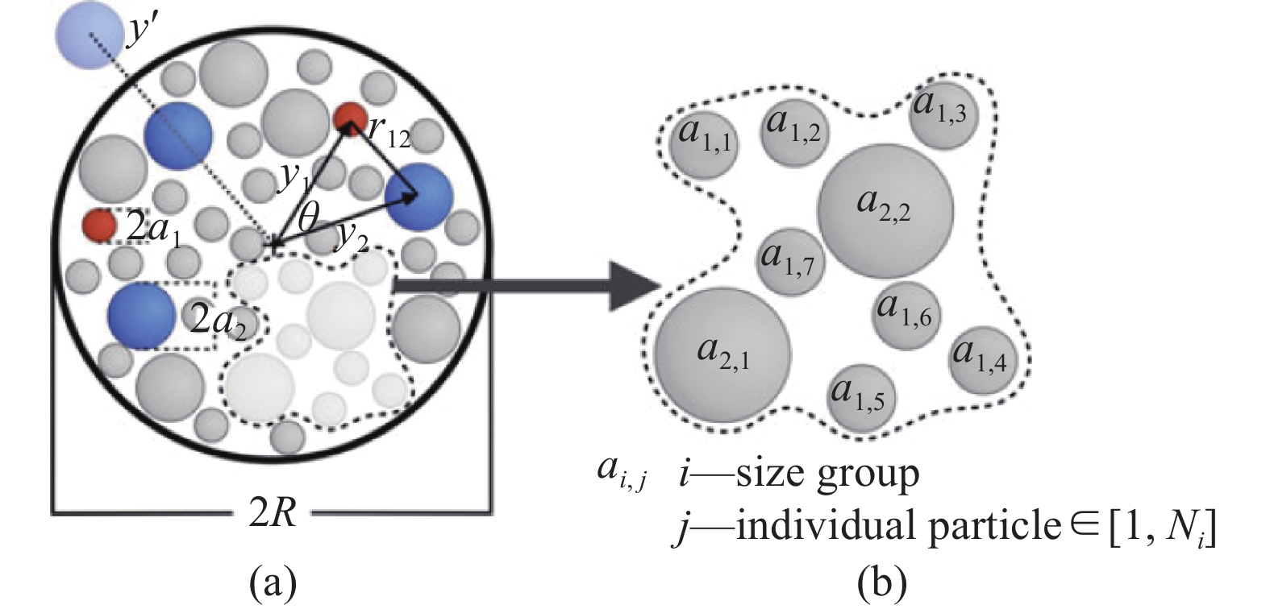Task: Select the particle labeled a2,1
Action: tap(722, 354)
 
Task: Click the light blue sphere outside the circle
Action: tap(89, 35)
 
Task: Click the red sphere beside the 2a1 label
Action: tap(100, 226)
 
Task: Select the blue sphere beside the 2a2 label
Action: tap(141, 315)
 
